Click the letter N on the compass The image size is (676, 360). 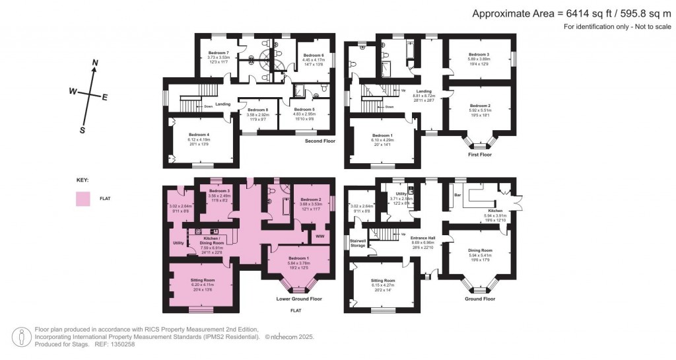[95, 63]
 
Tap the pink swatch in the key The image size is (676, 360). [83, 198]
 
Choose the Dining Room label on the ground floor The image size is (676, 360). [480, 250]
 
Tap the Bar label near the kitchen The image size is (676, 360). [457, 196]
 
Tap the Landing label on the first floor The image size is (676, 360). [423, 91]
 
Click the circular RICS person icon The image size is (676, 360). [24, 336]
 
